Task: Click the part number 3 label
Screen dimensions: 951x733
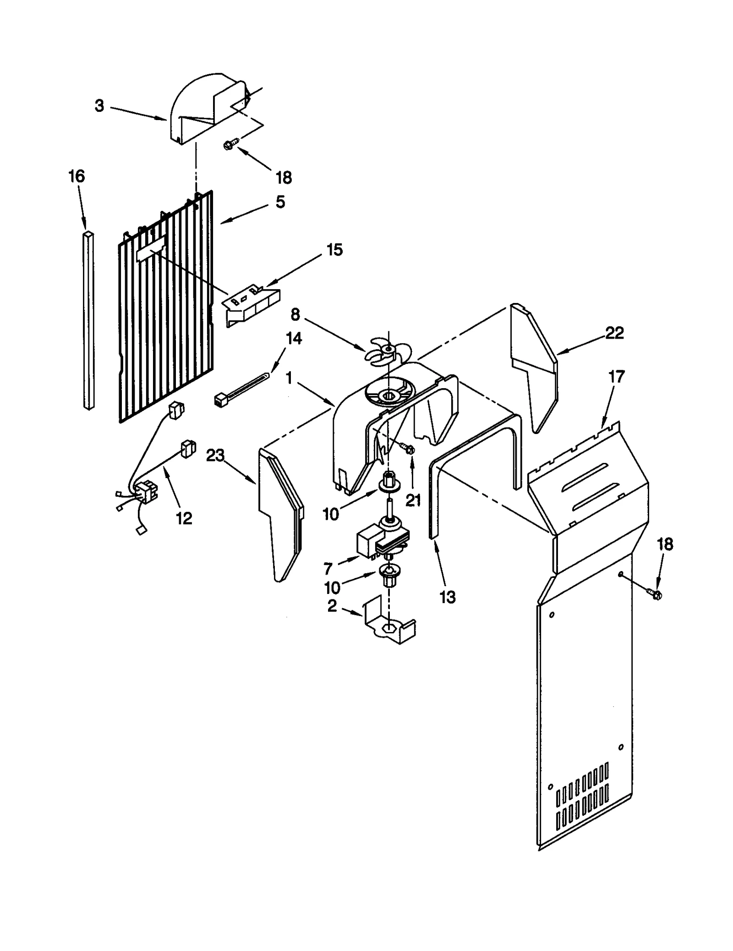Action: (x=99, y=106)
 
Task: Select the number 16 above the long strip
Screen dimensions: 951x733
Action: (x=77, y=176)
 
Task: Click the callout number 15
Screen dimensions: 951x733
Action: (x=334, y=250)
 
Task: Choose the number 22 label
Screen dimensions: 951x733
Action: (x=614, y=333)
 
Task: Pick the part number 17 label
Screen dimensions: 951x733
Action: (x=617, y=377)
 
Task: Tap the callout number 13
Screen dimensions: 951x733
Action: (x=447, y=597)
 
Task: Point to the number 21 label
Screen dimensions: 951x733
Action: (x=413, y=500)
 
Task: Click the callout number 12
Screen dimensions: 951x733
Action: (x=184, y=518)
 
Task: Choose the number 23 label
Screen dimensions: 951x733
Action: (x=215, y=456)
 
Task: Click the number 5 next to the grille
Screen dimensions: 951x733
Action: (x=280, y=202)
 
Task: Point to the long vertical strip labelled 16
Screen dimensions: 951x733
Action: (x=89, y=321)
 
